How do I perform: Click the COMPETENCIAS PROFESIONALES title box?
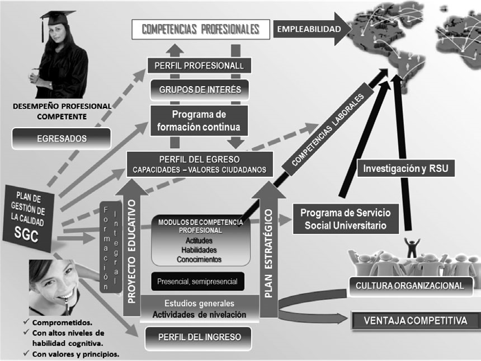click(200, 29)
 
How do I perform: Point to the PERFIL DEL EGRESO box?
click(200, 163)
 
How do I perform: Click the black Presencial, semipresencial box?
click(198, 282)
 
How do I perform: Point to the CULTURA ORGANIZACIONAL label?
click(410, 285)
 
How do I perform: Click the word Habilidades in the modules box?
click(199, 250)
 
